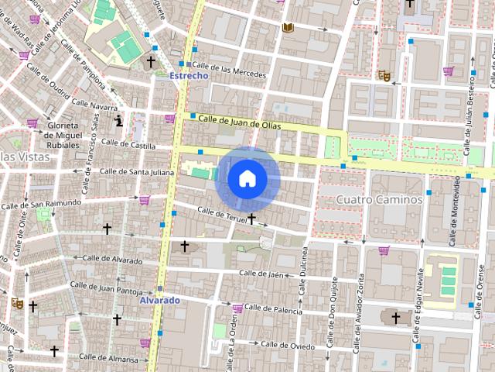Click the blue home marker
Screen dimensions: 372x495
coord(247,178)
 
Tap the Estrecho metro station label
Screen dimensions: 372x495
coord(189,75)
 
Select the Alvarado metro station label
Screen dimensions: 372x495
coord(160,300)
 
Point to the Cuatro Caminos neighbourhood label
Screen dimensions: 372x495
coord(379,199)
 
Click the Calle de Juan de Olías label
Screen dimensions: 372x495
coord(238,122)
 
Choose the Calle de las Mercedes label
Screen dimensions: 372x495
coord(229,71)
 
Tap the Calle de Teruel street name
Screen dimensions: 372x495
coord(222,215)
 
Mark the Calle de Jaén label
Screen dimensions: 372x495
coord(268,273)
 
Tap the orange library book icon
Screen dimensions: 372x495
coord(288,29)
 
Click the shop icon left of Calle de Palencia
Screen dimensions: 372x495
coord(237,309)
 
